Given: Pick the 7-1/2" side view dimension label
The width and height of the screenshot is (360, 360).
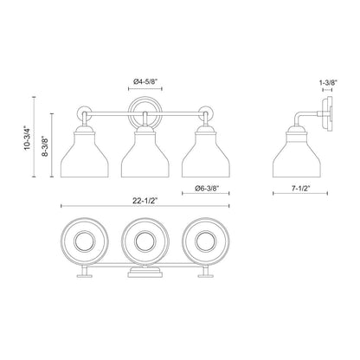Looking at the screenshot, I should coord(304,185).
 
